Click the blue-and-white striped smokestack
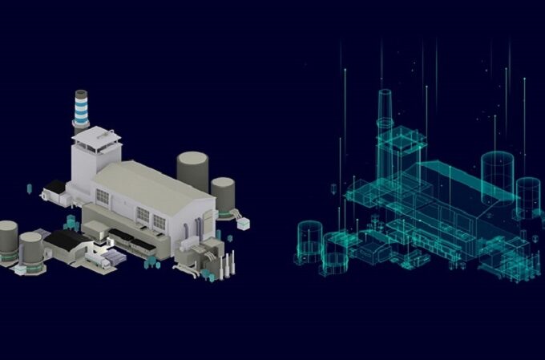pyautogui.click(x=81, y=110)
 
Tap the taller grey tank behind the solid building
pyautogui.click(x=192, y=169)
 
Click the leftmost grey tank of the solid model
pyautogui.click(x=7, y=240)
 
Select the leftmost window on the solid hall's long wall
pyautogui.click(x=102, y=196)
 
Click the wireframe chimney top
pyautogui.click(x=384, y=94)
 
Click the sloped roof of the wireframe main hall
pyautogui.click(x=457, y=181)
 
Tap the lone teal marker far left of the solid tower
pyautogui.click(x=30, y=188)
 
